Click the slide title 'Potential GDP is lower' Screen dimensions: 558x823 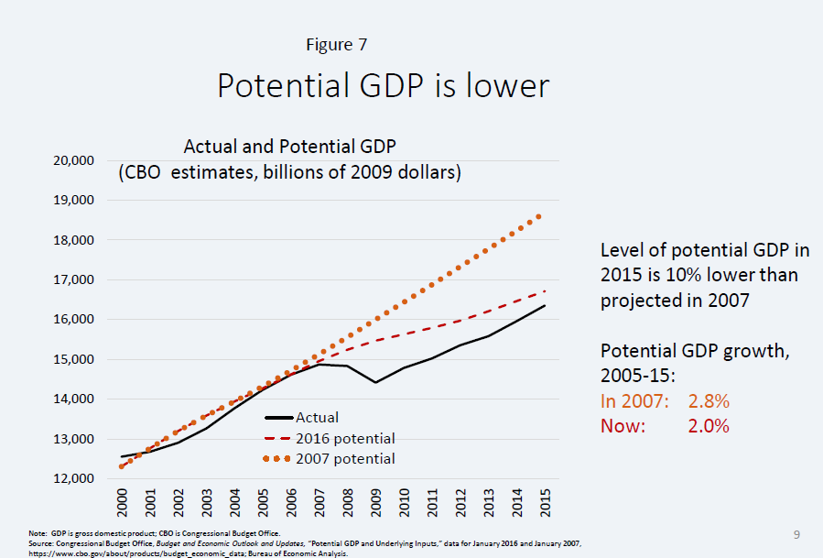[x=383, y=85]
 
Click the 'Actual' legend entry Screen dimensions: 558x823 [x=317, y=418]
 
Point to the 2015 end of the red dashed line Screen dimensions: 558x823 [x=547, y=290]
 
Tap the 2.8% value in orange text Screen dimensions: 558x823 [x=709, y=401]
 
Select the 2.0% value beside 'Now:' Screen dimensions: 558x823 [x=709, y=425]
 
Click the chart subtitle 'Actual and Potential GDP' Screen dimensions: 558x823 [x=288, y=147]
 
